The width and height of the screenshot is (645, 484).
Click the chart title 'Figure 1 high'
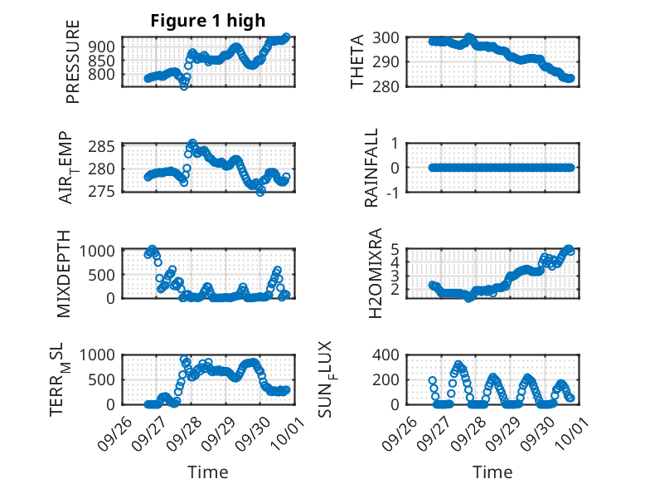[x=207, y=22]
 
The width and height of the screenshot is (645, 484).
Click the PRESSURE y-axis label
[x=73, y=62]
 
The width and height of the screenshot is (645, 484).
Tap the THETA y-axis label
[x=357, y=62]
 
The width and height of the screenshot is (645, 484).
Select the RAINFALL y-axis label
[x=372, y=168]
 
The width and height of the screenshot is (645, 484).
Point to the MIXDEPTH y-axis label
[x=64, y=273]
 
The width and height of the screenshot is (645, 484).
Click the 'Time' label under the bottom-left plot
[x=207, y=472]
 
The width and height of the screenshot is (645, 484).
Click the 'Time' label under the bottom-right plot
[x=492, y=472]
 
